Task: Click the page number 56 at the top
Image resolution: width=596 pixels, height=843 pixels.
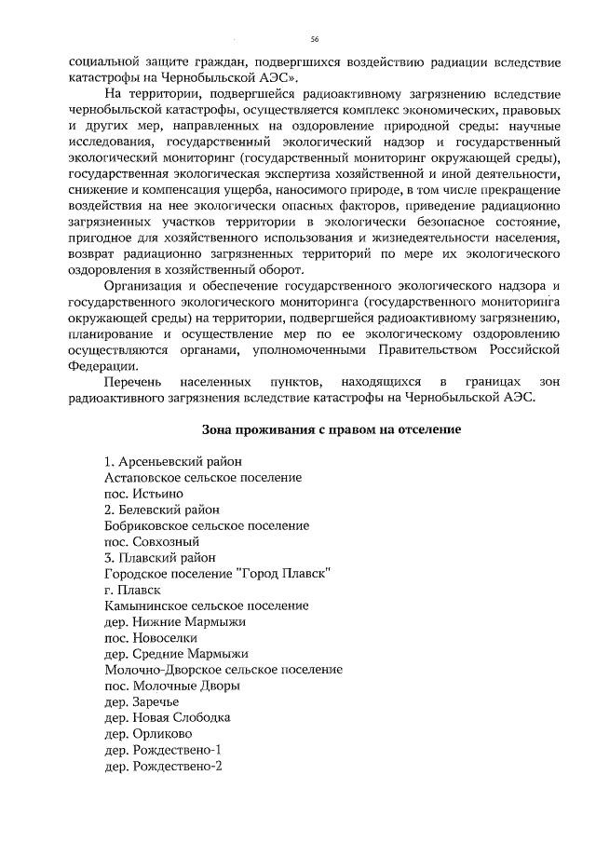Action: point(314,39)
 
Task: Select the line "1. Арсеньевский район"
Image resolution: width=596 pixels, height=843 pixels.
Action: point(173,462)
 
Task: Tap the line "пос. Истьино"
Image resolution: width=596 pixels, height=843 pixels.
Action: point(143,494)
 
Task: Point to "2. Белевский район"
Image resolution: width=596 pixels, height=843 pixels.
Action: point(163,510)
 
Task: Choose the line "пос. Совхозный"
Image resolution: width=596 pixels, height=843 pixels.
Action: point(153,541)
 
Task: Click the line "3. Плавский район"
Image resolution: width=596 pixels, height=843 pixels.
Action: point(160,557)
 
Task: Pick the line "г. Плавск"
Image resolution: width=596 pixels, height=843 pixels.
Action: point(133,590)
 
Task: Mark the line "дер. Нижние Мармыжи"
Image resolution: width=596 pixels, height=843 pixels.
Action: point(176,621)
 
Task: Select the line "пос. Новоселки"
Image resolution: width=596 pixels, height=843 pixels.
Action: point(151,637)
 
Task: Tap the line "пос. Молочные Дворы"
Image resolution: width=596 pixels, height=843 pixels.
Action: point(172,686)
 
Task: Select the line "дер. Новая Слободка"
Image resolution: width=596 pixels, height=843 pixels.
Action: point(168,717)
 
